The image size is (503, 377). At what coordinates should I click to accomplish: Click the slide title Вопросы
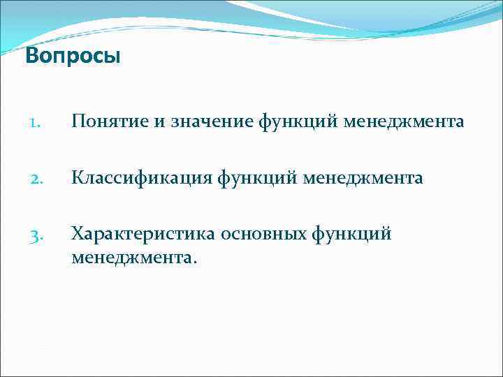pyautogui.click(x=73, y=56)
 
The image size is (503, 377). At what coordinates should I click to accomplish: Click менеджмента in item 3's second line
pyautogui.click(x=133, y=258)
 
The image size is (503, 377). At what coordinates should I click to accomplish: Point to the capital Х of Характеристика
pyautogui.click(x=76, y=234)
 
